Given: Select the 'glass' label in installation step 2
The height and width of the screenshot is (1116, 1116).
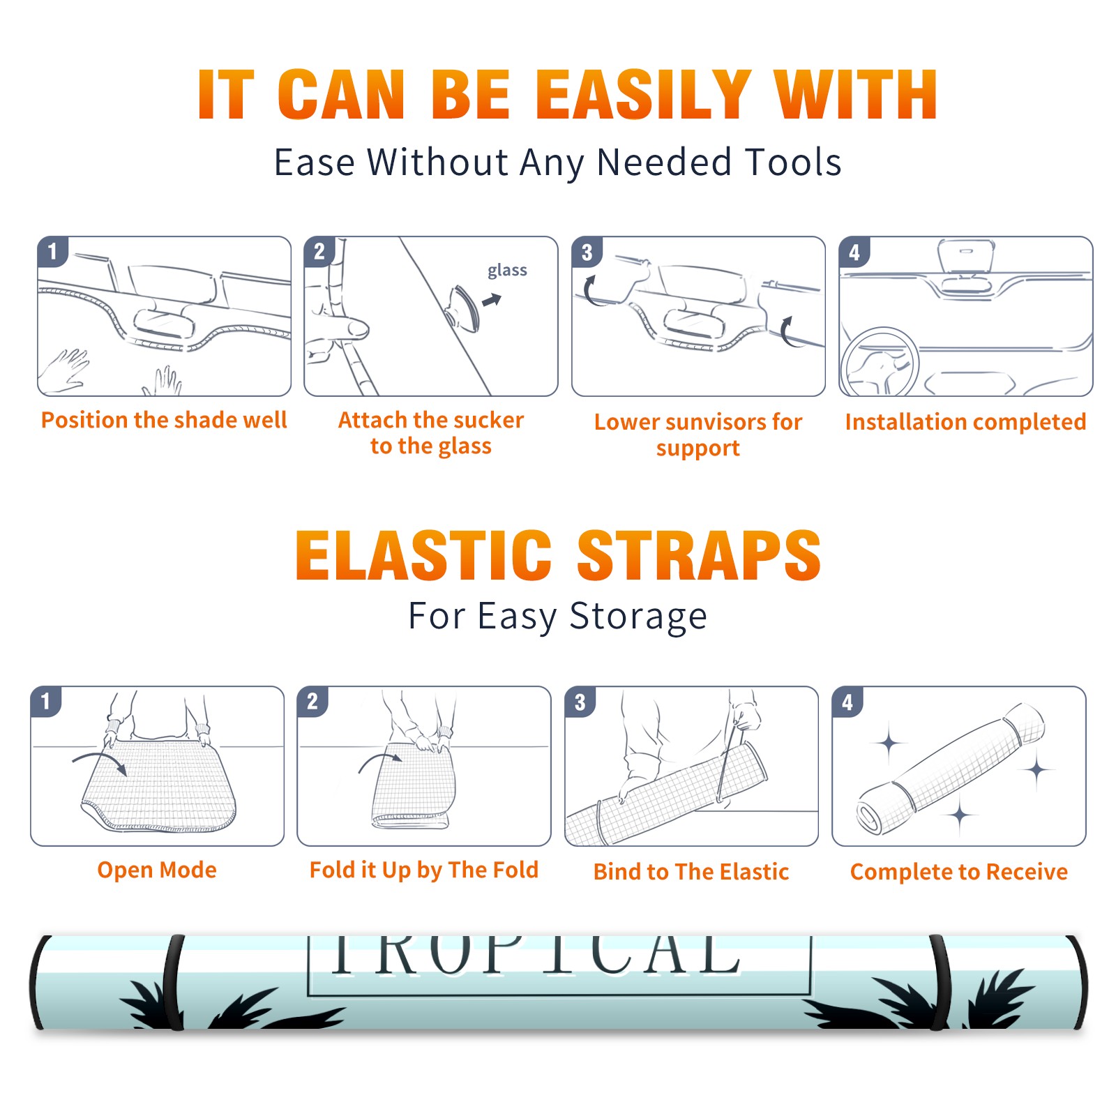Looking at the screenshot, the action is pyautogui.click(x=507, y=271).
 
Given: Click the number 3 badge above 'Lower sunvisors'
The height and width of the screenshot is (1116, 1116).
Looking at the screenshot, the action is pyautogui.click(x=587, y=252).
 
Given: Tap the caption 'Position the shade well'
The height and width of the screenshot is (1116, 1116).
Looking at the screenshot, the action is pyautogui.click(x=164, y=420).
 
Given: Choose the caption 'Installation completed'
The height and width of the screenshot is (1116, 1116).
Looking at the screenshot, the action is pyautogui.click(x=965, y=422).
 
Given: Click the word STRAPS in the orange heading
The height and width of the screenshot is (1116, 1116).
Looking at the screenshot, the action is pyautogui.click(x=699, y=555).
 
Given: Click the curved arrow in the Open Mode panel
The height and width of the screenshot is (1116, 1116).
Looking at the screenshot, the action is pyautogui.click(x=99, y=761).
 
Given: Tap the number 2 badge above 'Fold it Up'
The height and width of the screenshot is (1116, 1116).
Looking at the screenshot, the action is pyautogui.click(x=312, y=701).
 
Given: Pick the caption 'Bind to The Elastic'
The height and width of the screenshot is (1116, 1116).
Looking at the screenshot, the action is pyautogui.click(x=691, y=872).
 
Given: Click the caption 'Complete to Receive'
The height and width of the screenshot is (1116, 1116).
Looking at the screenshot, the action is pyautogui.click(x=958, y=872).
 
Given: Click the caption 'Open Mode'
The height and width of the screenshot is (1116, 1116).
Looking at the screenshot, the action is pyautogui.click(x=157, y=870).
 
